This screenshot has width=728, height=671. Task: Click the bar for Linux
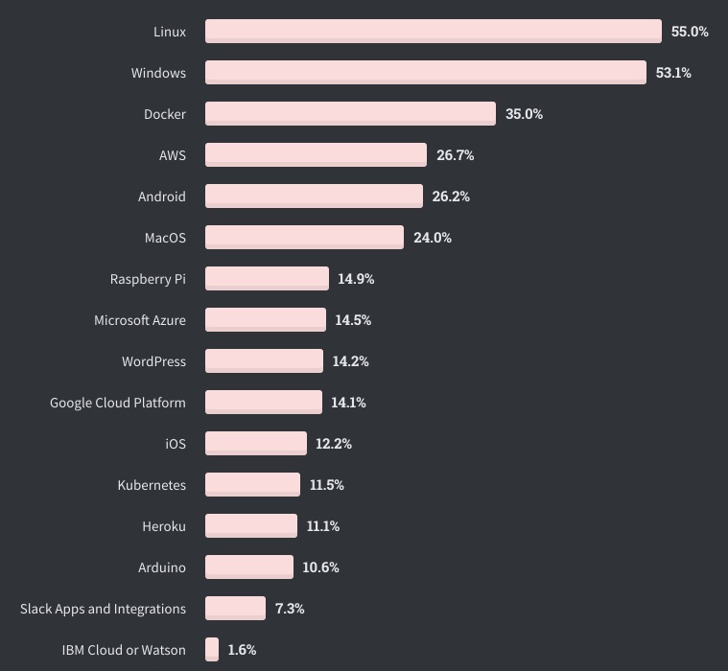(x=433, y=32)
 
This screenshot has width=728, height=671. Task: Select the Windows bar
(x=425, y=73)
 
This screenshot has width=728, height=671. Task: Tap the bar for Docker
(x=350, y=114)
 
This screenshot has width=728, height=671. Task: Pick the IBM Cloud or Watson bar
(x=212, y=650)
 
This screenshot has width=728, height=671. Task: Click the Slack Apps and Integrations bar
(x=235, y=609)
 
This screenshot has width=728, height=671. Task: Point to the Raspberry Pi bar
(x=267, y=279)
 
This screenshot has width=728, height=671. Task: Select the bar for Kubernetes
(x=252, y=485)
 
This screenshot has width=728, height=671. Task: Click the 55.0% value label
(x=690, y=32)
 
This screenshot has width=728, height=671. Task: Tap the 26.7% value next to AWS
(x=455, y=155)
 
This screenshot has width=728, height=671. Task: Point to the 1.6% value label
(x=242, y=650)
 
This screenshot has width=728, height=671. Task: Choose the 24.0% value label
(x=432, y=238)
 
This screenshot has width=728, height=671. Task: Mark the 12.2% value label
(x=334, y=444)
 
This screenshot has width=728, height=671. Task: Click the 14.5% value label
(x=353, y=320)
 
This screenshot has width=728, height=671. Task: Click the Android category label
(x=162, y=197)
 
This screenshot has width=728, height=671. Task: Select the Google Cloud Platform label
(x=118, y=403)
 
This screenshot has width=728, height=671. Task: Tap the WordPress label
(x=153, y=361)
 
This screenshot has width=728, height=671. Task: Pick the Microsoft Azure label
(x=140, y=320)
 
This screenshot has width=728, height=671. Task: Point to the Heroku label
(x=163, y=526)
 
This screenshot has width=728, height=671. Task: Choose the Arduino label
(x=162, y=567)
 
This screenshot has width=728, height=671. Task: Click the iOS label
(x=176, y=444)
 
